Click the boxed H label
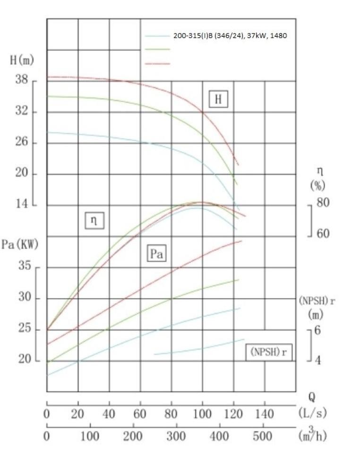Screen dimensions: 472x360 [218, 99]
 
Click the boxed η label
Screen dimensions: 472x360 [94, 220]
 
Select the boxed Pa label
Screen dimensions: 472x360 [157, 254]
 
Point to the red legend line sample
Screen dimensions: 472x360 [157, 63]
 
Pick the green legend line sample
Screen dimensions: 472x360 [157, 49]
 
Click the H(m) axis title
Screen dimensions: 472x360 [22, 61]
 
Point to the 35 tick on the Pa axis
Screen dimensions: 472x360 [25, 266]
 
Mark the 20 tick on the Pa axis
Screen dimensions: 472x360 [25, 360]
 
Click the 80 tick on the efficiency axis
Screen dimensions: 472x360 [323, 203]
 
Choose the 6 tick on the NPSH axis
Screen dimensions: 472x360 [317, 330]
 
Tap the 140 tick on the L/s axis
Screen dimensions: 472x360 [264, 414]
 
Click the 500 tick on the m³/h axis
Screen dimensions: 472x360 [262, 436]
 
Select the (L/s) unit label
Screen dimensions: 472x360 [313, 413]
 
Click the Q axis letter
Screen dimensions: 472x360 [312, 397]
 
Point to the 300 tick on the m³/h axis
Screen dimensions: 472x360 [175, 436]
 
